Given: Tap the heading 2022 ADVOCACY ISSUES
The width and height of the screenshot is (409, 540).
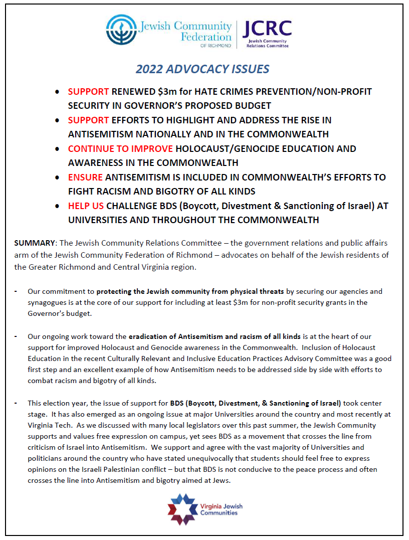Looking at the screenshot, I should [x=202, y=69].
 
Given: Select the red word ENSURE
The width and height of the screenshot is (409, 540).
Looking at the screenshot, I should [x=85, y=177].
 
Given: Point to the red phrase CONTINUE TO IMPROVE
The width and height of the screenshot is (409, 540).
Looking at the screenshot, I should [x=120, y=149].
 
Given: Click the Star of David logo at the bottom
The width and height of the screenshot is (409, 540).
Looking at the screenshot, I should [x=181, y=509].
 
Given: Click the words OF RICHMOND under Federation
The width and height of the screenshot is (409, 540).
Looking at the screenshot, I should [x=220, y=46].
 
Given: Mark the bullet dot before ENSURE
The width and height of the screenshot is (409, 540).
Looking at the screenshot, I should [x=58, y=178].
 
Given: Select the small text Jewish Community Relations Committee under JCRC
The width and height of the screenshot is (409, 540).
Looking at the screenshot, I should [x=267, y=43].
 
